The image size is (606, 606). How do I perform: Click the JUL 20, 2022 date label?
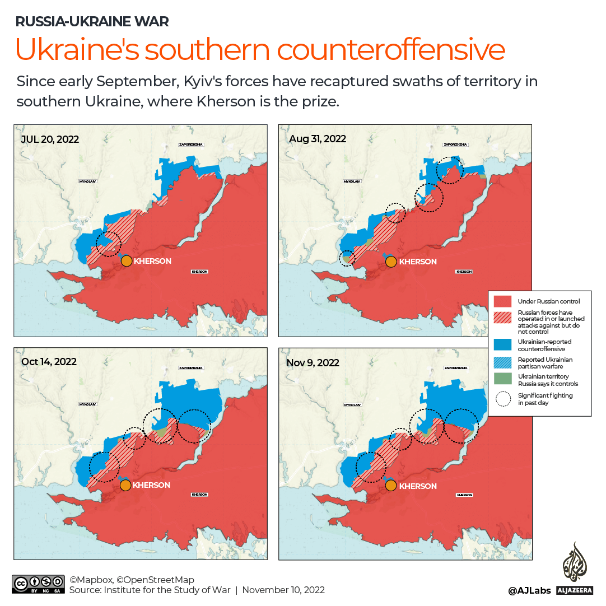(x=50, y=139)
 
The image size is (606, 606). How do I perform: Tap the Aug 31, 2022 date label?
(x=317, y=139)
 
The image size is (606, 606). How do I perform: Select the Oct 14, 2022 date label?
(x=49, y=362)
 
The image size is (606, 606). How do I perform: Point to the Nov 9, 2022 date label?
(x=313, y=363)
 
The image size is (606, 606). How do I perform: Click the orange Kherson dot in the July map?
(x=127, y=261)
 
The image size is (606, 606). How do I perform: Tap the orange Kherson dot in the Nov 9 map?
(x=391, y=486)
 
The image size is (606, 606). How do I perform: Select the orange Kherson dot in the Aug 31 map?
(x=391, y=261)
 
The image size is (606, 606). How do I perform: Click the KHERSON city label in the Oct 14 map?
(x=151, y=485)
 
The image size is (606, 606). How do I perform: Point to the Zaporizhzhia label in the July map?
(x=190, y=144)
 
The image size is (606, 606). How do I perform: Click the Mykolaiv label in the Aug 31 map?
(x=352, y=181)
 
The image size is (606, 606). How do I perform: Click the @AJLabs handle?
(x=529, y=590)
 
